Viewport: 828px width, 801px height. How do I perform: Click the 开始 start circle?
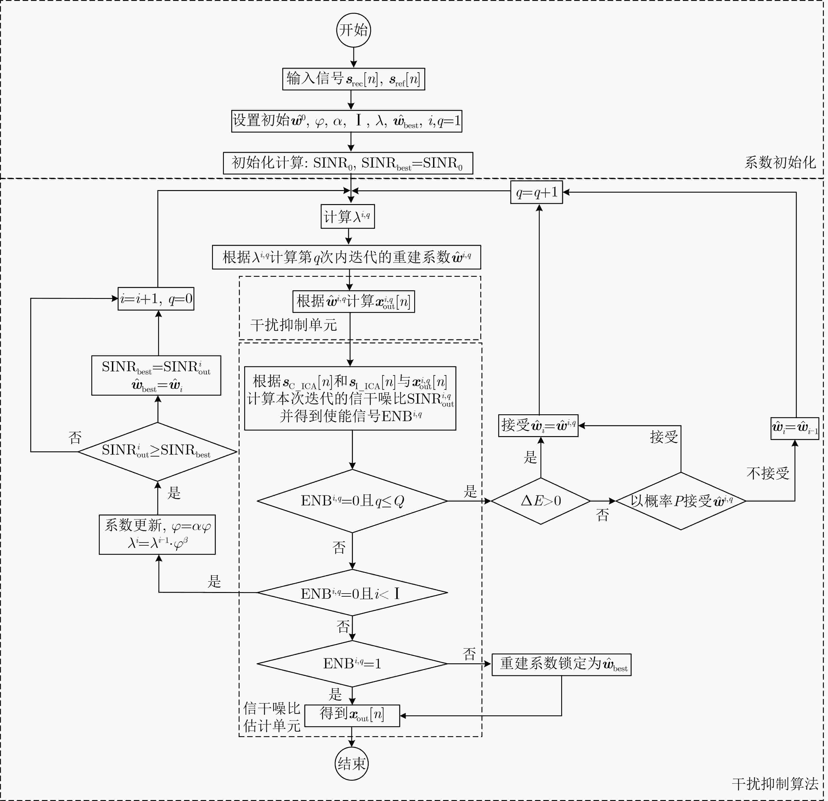coord(354,30)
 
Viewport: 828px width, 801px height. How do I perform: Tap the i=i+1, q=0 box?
coord(156,299)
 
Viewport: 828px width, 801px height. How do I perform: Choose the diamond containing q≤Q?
coord(352,501)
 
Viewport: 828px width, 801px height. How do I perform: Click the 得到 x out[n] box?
coord(352,715)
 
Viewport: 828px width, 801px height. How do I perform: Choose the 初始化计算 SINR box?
coord(348,163)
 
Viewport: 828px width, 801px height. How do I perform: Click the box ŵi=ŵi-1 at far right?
coord(795,429)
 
